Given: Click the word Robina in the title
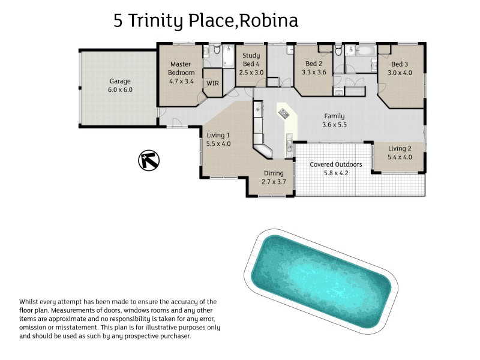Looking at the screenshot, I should coord(271,22).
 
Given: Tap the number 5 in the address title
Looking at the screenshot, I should coord(119,22).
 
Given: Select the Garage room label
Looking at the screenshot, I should coord(120,82).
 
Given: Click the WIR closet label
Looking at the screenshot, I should coord(212,83).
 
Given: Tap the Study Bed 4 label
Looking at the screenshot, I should coord(251,59).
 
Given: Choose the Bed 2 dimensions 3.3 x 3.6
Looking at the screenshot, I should coord(314,72).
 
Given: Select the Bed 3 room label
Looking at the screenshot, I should coord(400,64).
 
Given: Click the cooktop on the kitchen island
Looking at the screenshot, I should coord(284,112).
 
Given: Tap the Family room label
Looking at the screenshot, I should coord(335,116).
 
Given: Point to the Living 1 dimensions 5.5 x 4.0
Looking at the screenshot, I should coord(218,144).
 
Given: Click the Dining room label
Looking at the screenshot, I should coord(273,173).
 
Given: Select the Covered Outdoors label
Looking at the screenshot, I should coord(335,164).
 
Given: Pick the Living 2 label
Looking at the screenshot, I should coord(400,149).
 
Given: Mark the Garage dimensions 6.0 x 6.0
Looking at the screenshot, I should coord(120,90).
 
